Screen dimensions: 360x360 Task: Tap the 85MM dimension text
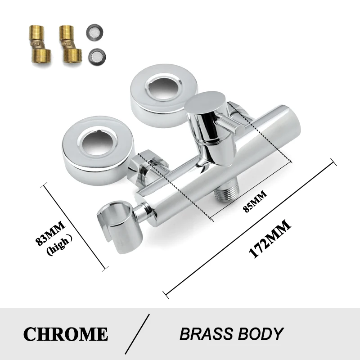256,201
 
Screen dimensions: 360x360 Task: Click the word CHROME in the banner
65,334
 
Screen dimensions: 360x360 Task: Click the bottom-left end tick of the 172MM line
167,295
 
